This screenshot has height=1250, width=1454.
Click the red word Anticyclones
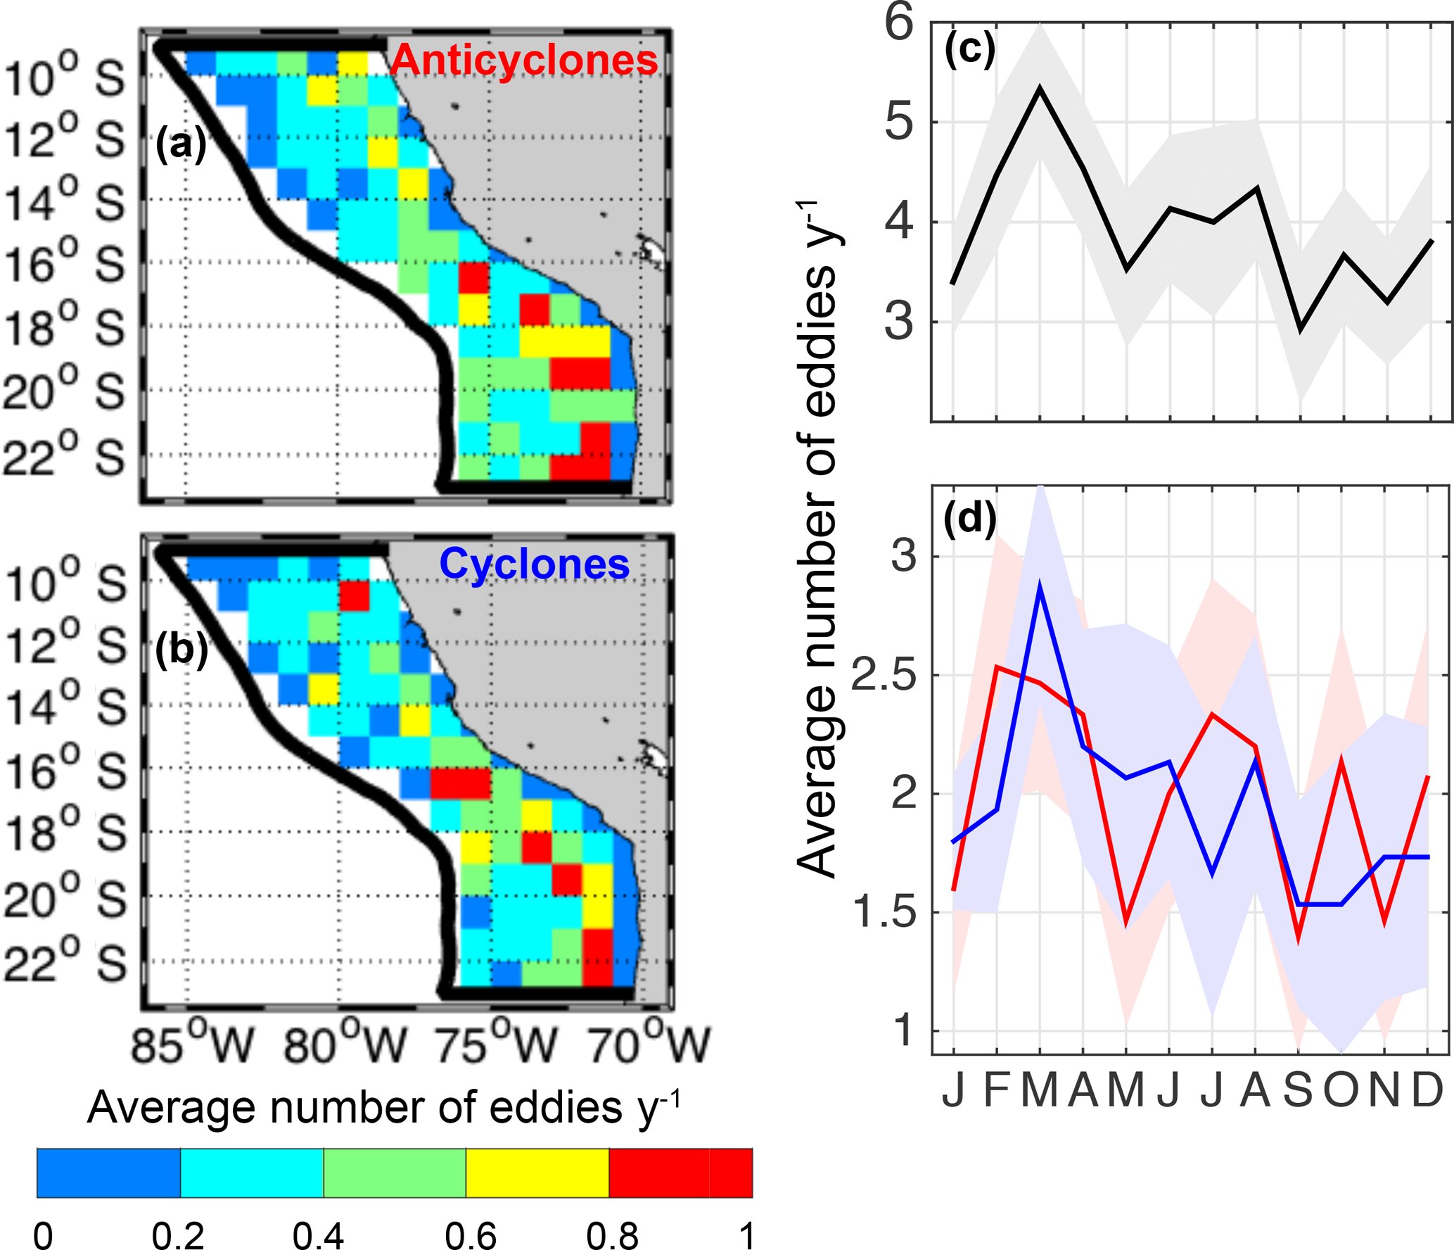coord(523,60)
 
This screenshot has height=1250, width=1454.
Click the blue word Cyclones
coord(534,564)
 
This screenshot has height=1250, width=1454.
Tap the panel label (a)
coord(181,144)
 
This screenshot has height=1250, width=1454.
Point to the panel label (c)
coord(969,49)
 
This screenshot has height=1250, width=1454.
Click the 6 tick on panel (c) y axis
coord(898,23)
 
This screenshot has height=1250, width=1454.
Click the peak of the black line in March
coord(1040,89)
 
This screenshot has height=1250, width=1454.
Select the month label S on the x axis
coord(1299,1090)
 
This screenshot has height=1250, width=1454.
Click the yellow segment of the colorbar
coord(537,1173)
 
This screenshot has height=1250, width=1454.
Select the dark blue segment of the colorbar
coord(108,1173)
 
